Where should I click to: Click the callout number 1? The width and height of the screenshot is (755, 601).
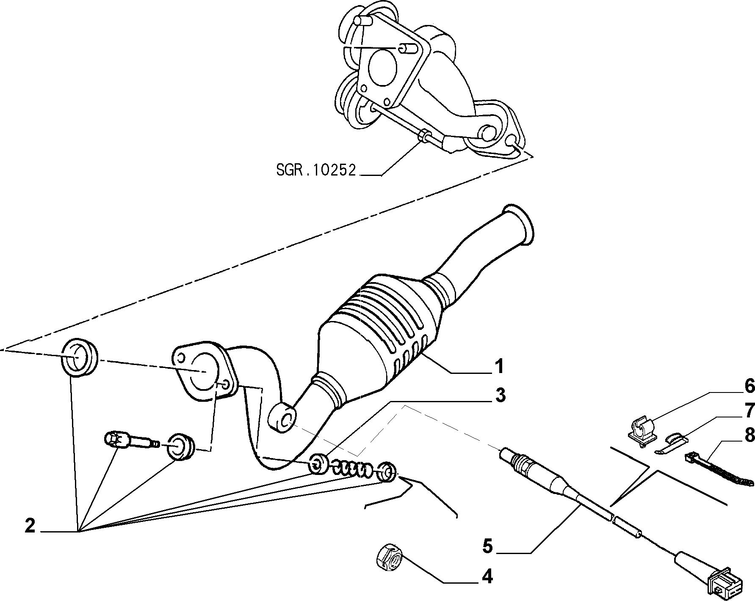coord(500,366)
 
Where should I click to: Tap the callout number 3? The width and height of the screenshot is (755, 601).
coord(500,395)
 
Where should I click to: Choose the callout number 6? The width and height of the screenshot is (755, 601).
coord(749,386)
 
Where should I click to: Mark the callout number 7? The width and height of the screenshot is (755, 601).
coord(749,410)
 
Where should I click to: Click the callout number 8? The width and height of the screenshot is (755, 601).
coord(749,435)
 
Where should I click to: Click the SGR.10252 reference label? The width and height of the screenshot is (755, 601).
coord(316,170)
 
